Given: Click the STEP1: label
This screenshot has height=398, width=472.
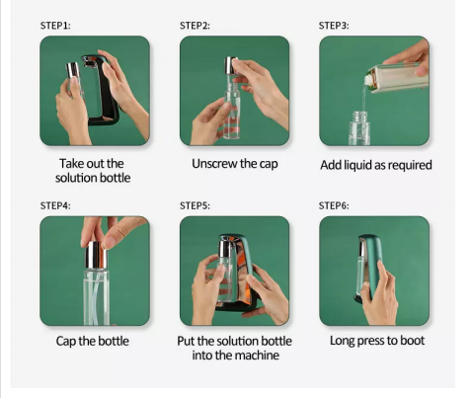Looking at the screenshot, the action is tap(55, 26).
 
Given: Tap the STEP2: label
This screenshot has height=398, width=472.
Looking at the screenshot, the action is tap(195, 26).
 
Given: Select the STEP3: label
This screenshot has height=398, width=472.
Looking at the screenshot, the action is tap(334, 26).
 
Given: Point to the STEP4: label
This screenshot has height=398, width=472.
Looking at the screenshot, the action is tap(55, 205).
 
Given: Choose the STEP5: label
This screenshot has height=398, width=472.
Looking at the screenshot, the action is tap(195, 205).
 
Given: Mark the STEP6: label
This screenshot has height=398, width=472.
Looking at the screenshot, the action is tap(334, 205).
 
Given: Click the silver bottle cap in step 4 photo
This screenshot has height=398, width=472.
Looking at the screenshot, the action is tap(97, 255).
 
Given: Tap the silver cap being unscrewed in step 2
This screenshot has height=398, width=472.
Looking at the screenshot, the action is tap(230, 66).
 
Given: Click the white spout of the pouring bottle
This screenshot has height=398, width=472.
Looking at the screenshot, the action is tap(369, 79).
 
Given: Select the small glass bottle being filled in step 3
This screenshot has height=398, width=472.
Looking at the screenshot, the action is tap(359, 128).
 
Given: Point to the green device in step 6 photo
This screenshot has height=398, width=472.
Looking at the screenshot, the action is tap(370, 268).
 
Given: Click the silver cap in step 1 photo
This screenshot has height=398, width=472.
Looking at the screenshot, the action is tap(72, 70).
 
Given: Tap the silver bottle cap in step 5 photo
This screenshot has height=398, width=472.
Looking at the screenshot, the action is tap(225, 249).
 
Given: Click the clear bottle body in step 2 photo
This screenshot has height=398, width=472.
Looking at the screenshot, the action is tap(232, 111).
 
